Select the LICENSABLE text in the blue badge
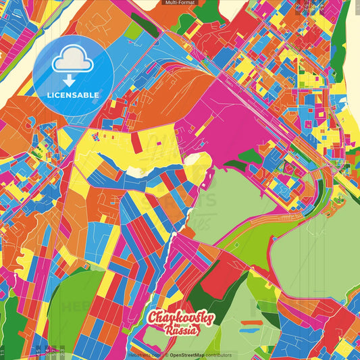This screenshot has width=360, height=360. [74, 95]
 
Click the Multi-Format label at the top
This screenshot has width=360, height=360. [180, 3]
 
